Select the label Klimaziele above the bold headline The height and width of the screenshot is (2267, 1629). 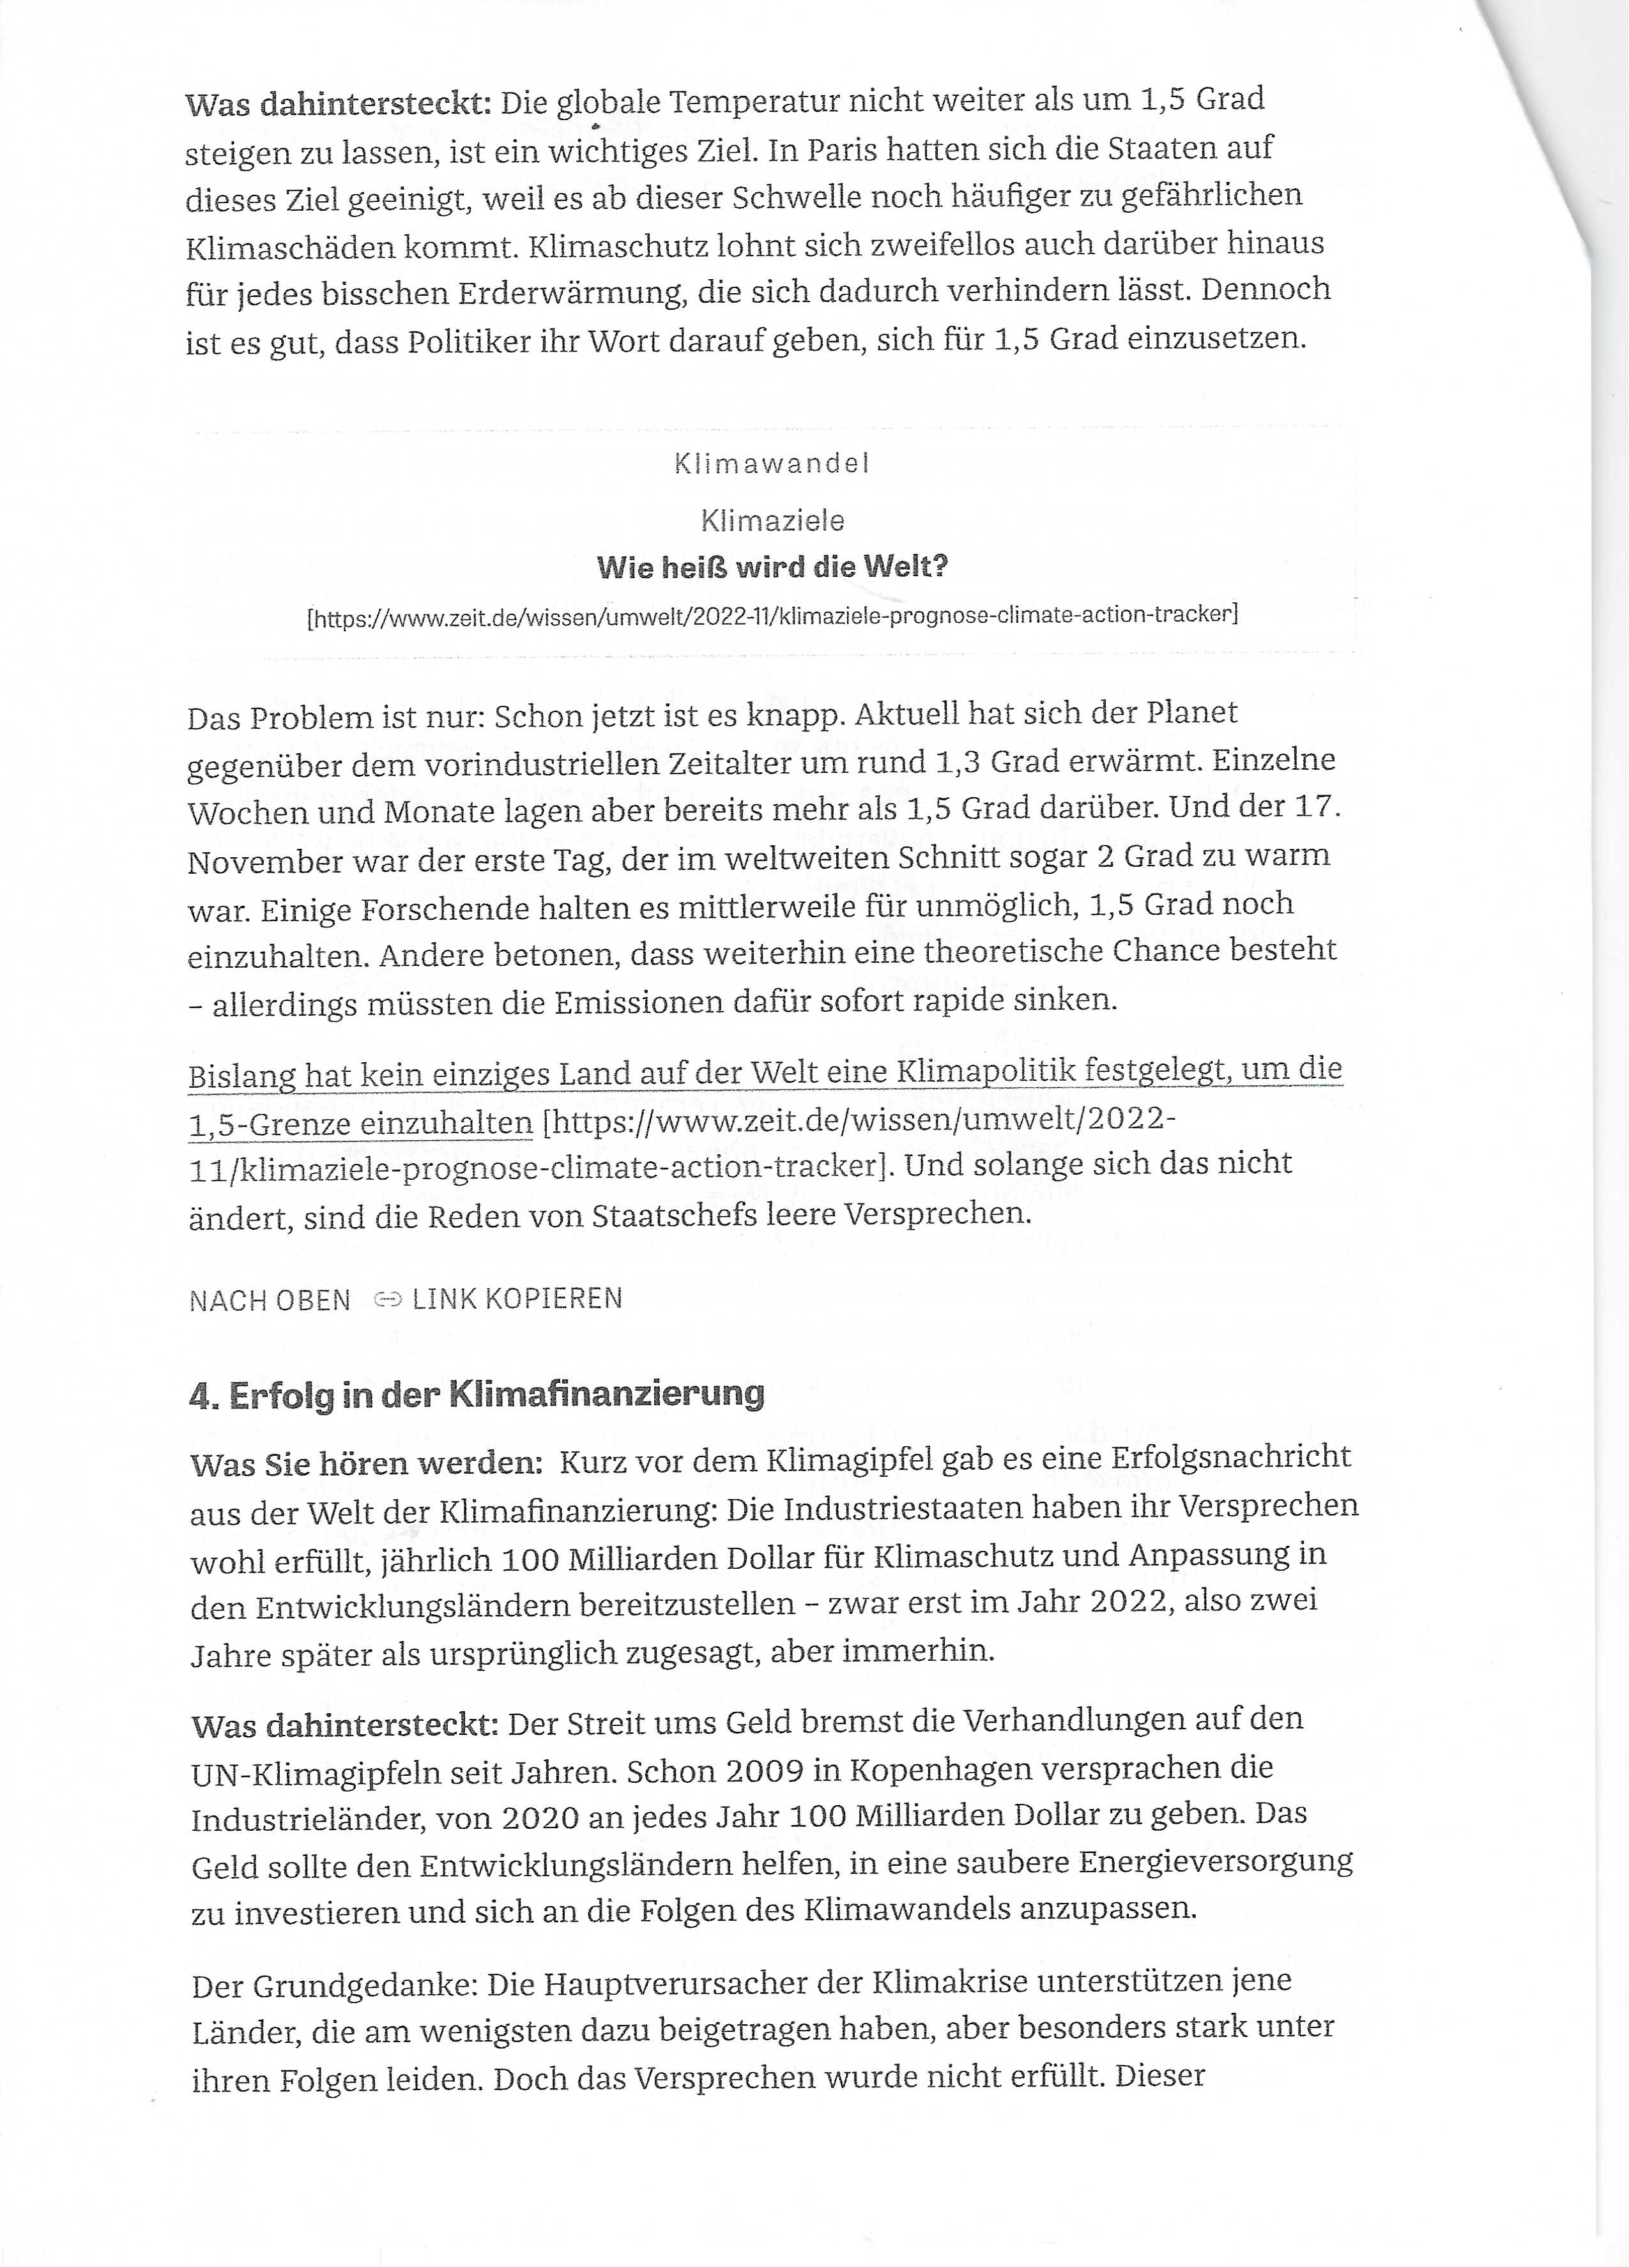pyautogui.click(x=772, y=521)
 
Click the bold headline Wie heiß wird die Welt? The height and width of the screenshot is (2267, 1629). pyautogui.click(x=772, y=569)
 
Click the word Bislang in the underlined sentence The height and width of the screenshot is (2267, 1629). pyautogui.click(x=242, y=1076)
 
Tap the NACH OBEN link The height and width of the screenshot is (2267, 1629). pyautogui.click(x=270, y=1301)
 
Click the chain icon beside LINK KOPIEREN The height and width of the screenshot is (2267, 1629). pyautogui.click(x=386, y=1299)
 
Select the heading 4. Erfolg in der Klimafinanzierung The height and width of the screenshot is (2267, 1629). pyautogui.click(x=477, y=1393)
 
